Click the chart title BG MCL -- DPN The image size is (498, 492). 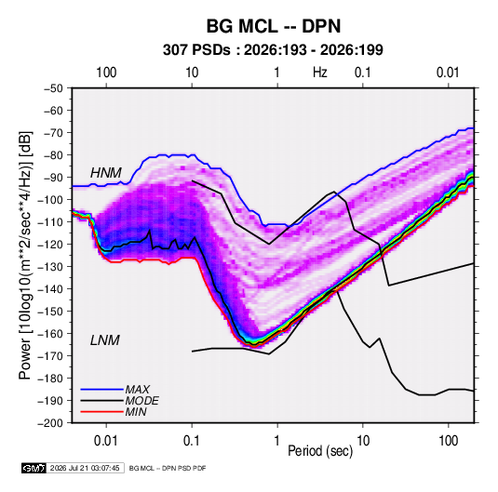pyautogui.click(x=274, y=26)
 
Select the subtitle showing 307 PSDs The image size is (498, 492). pyautogui.click(x=273, y=50)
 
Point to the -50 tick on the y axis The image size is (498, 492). pyautogui.click(x=53, y=88)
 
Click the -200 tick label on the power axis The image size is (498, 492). pyautogui.click(x=50, y=423)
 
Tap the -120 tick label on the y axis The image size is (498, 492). pyautogui.click(x=50, y=245)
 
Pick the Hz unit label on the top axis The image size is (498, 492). pyautogui.click(x=320, y=73)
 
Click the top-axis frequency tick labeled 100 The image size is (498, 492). pyautogui.click(x=106, y=73)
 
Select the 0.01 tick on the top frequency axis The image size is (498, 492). pyautogui.click(x=448, y=73)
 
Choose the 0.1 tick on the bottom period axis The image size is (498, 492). pyautogui.click(x=192, y=440)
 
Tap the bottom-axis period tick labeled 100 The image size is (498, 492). pyautogui.click(x=448, y=440)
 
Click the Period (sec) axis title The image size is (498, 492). pyautogui.click(x=320, y=451)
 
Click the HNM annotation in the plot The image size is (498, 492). pyautogui.click(x=106, y=173)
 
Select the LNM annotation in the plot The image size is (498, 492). pyautogui.click(x=105, y=340)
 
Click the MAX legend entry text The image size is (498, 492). pyautogui.click(x=138, y=390)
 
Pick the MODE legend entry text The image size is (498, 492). pyautogui.click(x=142, y=401)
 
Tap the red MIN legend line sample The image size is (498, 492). pyautogui.click(x=102, y=412)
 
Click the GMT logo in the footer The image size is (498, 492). pyautogui.click(x=34, y=468)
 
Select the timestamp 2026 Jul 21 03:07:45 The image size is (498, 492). pyautogui.click(x=85, y=468)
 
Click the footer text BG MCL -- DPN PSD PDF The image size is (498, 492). pyautogui.click(x=168, y=468)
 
